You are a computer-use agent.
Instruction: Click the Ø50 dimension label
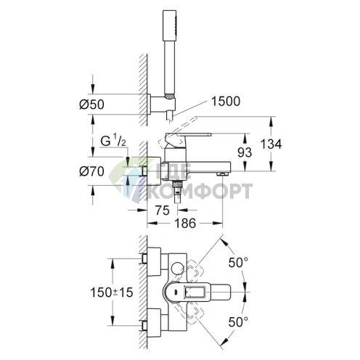click(91, 105)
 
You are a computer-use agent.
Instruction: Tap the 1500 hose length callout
click(226, 101)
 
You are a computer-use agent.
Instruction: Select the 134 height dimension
click(271, 144)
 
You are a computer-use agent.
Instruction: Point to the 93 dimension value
click(245, 152)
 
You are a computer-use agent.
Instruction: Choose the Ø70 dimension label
click(91, 171)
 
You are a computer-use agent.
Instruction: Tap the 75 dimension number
click(163, 210)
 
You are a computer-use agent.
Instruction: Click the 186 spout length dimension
click(185, 223)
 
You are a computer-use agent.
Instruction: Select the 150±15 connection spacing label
click(112, 292)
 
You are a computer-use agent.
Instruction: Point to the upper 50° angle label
click(238, 263)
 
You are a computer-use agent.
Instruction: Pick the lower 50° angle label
click(238, 322)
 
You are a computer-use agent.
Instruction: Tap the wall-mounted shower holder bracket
click(161, 104)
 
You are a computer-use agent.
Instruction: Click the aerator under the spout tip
click(222, 173)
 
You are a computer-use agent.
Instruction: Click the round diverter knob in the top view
click(177, 269)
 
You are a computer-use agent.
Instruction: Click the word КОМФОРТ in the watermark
click(200, 191)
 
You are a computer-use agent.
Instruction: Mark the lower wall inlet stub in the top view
click(144, 326)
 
